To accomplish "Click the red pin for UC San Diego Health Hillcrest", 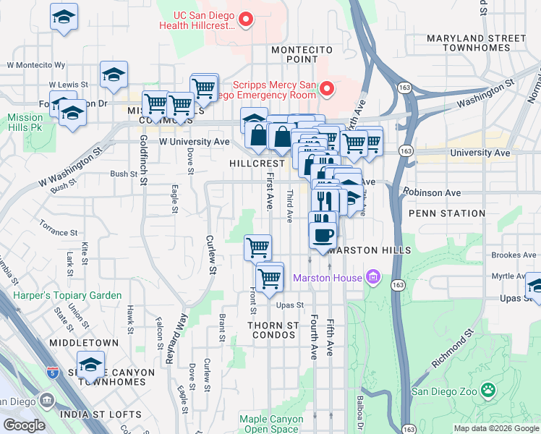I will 246,20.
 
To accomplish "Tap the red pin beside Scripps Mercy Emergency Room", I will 326,89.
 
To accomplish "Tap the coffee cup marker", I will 322,234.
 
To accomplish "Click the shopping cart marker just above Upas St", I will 270,277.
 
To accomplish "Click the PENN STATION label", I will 446,213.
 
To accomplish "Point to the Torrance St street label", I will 58,232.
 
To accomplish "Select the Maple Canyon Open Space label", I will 271,424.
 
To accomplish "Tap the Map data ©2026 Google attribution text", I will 495,428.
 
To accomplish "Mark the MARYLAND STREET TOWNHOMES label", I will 477,43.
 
